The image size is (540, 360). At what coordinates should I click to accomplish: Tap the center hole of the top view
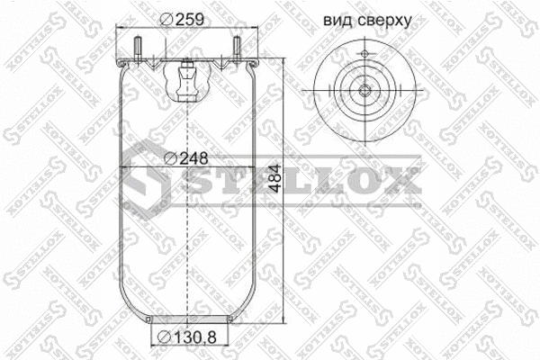click(x=364, y=90)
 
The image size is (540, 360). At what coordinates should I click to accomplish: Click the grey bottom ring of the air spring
click(x=187, y=319)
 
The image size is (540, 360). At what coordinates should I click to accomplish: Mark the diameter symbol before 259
click(x=165, y=20)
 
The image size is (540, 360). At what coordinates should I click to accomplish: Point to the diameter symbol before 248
click(x=171, y=158)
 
